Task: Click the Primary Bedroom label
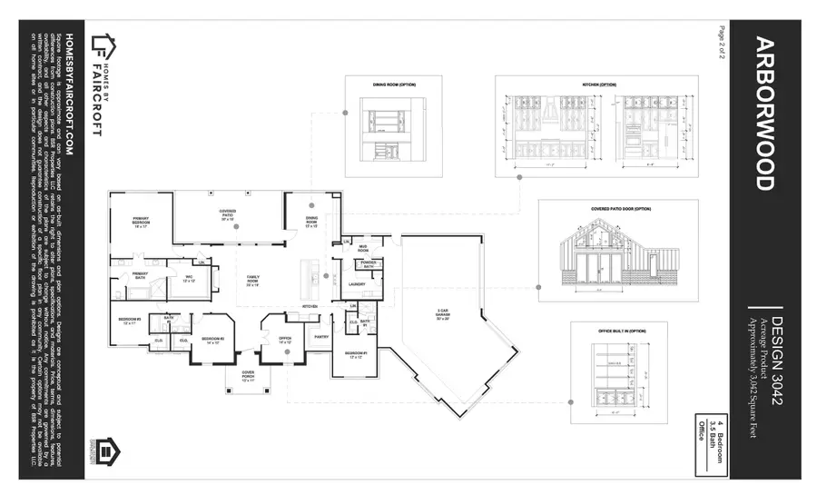tap(140, 223)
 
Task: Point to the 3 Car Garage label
tap(442, 316)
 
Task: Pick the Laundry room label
tap(357, 284)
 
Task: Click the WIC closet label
tap(190, 279)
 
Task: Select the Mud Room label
tap(361, 248)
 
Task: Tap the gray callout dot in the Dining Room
tap(311, 206)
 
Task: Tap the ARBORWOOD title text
tap(763, 114)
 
